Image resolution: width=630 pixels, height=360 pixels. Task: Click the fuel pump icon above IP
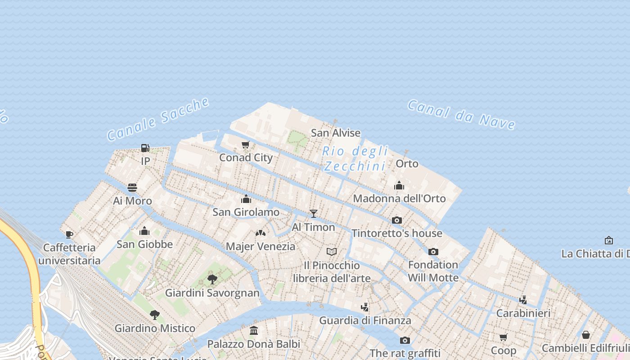(145, 148)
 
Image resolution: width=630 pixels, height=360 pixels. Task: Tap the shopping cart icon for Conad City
(246, 145)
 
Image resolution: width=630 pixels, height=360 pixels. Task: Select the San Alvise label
(336, 133)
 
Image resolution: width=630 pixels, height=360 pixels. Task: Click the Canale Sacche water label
(158, 119)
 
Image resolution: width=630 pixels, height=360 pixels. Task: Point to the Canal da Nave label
(461, 114)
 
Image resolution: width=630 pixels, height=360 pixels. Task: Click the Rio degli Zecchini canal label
(355, 158)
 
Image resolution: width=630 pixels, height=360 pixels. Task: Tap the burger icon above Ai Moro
(132, 188)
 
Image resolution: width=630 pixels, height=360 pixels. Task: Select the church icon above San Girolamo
(246, 199)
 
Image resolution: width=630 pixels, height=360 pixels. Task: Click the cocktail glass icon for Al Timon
(314, 214)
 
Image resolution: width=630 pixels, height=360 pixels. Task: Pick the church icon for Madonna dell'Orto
(399, 185)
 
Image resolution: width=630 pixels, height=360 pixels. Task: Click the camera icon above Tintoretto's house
(397, 220)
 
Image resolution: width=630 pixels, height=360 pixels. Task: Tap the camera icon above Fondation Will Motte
(433, 252)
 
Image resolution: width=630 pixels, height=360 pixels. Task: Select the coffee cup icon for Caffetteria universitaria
(69, 234)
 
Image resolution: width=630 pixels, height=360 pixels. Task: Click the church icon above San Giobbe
(144, 231)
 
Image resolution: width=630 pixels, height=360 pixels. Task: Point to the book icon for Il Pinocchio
(332, 252)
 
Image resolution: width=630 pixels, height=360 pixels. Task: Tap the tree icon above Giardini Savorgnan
(212, 280)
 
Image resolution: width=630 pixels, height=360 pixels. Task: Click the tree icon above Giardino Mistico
(155, 315)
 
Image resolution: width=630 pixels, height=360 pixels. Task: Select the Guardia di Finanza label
(365, 320)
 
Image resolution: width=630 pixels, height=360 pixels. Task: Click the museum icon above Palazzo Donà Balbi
(254, 331)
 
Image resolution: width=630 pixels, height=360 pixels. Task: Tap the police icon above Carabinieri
(523, 300)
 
